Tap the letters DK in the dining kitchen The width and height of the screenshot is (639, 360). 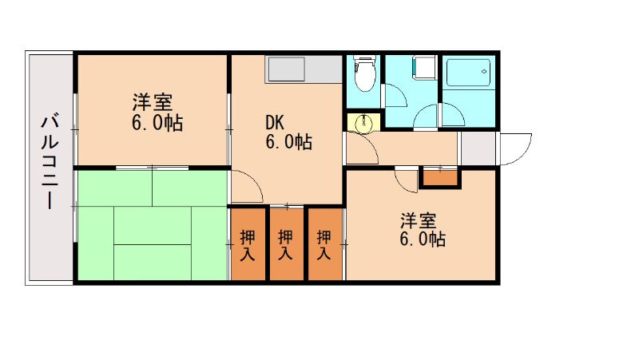[275, 124]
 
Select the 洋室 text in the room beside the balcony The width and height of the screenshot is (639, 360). [152, 102]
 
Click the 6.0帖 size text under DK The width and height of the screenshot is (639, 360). [288, 143]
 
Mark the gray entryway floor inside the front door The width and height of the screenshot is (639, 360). [478, 149]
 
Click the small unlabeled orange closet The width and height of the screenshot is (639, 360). [440, 176]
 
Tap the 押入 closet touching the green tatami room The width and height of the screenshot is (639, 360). [248, 243]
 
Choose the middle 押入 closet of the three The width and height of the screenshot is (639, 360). [286, 243]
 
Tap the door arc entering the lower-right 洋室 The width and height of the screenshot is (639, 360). [407, 180]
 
